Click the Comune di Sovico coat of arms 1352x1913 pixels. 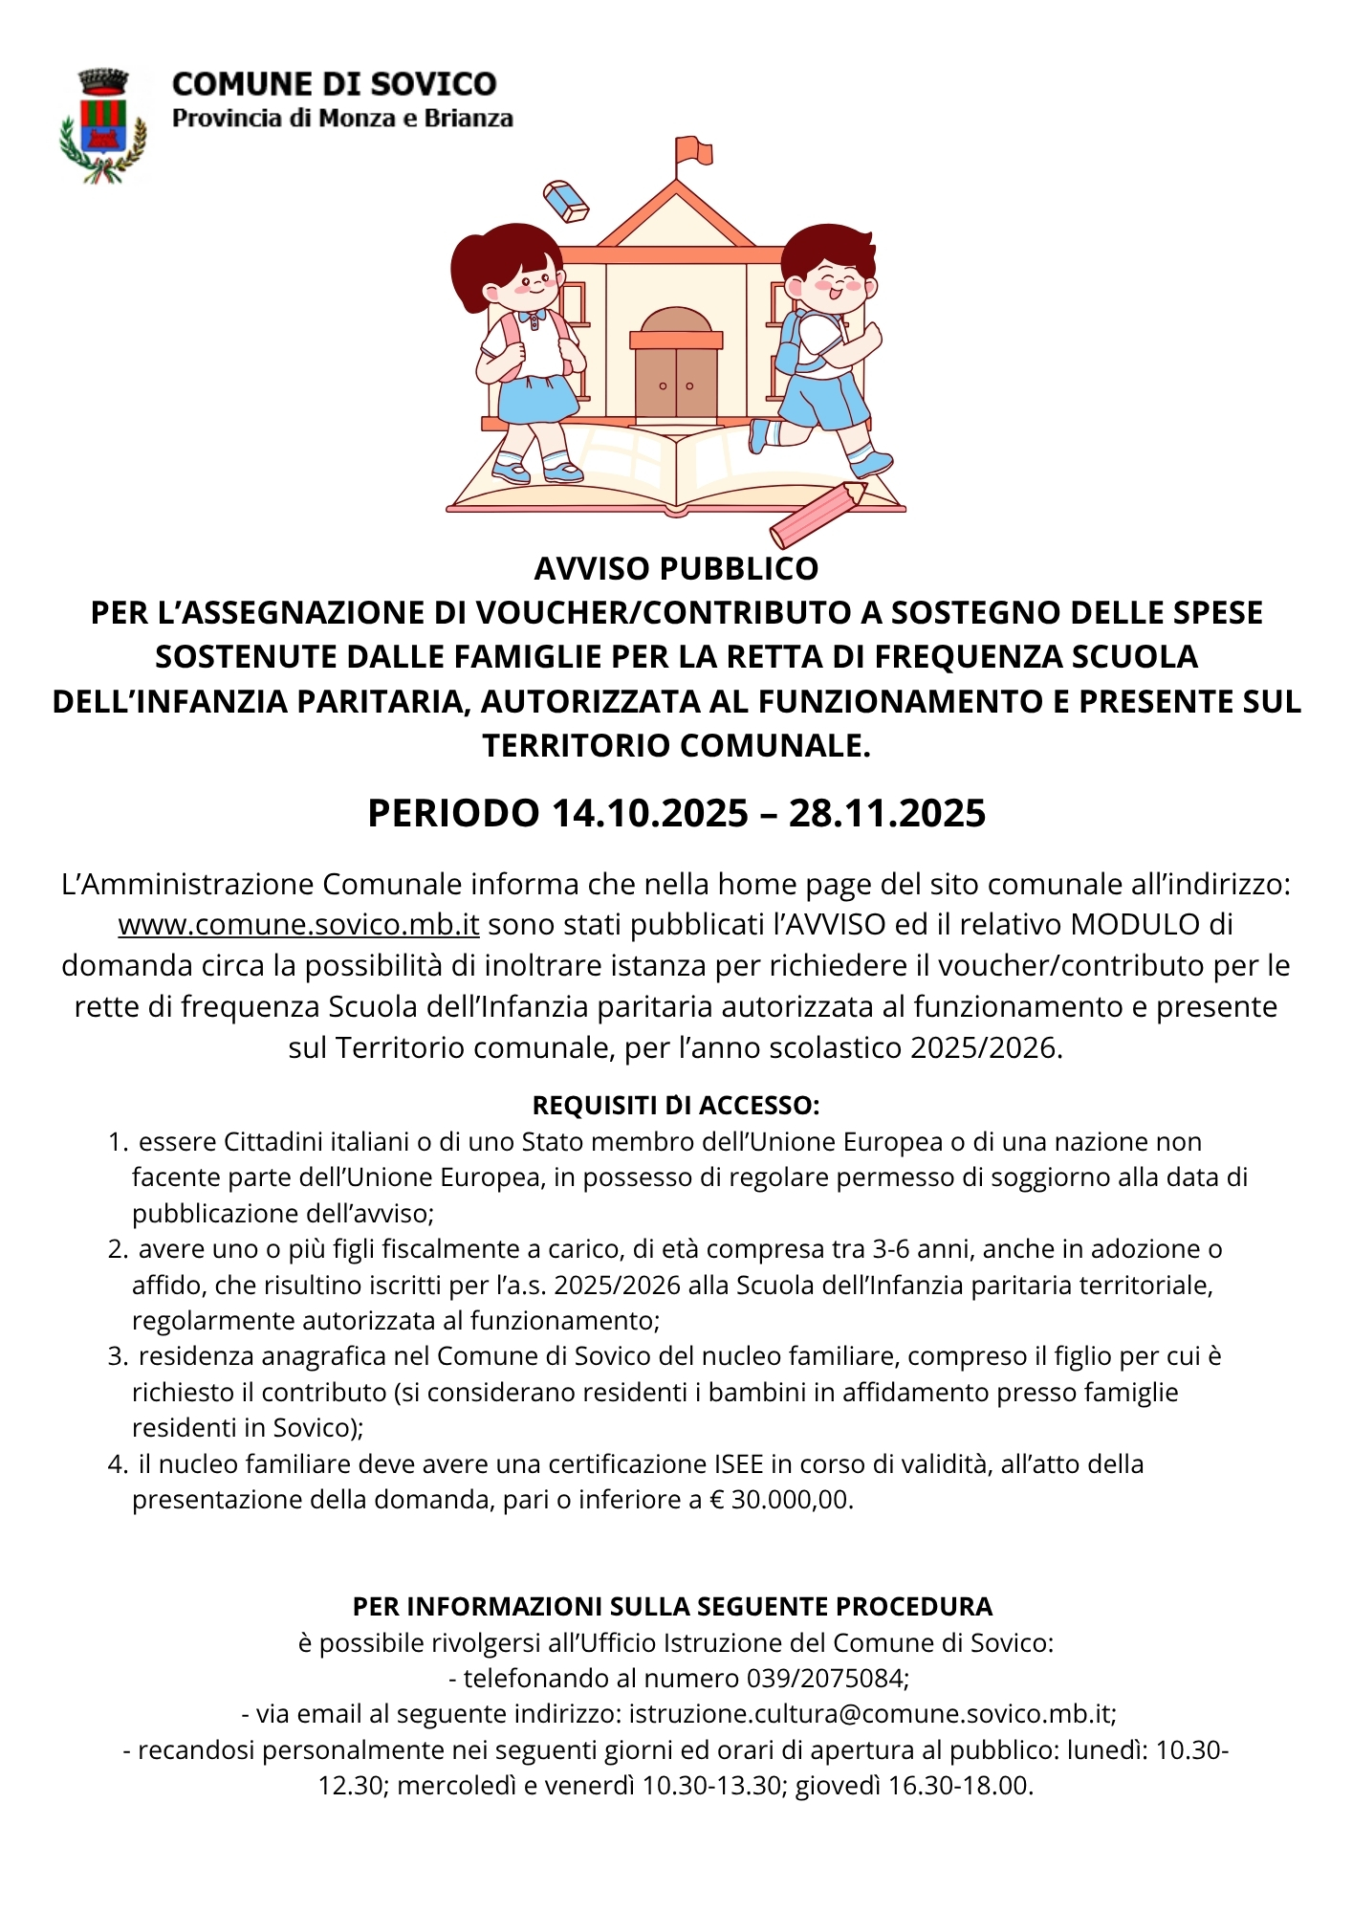click(x=103, y=125)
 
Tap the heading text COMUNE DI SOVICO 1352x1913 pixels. click(x=334, y=84)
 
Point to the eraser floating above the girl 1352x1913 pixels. click(x=566, y=201)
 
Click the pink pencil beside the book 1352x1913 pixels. click(x=818, y=514)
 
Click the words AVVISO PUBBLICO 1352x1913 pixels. click(x=676, y=569)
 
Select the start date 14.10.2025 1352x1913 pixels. click(x=650, y=814)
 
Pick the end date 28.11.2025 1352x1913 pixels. click(x=887, y=814)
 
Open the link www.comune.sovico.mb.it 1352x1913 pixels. click(x=298, y=925)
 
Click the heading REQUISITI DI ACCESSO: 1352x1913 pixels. click(x=676, y=1106)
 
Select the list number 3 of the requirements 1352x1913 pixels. click(x=117, y=1356)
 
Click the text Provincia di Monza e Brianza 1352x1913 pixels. click(x=342, y=119)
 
